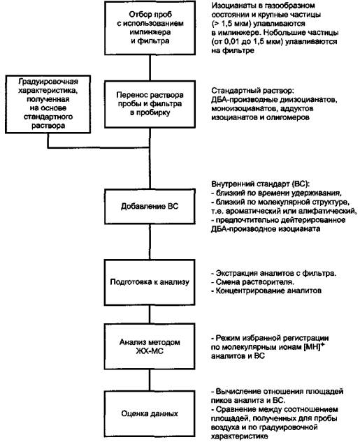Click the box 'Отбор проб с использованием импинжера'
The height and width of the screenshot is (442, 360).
150,28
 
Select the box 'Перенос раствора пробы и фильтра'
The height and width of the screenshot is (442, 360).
150,104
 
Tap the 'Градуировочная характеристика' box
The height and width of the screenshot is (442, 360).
48,104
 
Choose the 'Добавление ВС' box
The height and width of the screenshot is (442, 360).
150,207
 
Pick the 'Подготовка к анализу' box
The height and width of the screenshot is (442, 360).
150,282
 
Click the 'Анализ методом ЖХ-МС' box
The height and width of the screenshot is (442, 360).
150,346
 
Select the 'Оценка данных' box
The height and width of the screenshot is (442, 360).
150,413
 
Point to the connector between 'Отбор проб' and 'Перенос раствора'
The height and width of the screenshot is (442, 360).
150,68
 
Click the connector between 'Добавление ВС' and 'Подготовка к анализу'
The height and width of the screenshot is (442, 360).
150,242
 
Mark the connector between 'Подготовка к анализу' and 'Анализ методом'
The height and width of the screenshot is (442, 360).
150,314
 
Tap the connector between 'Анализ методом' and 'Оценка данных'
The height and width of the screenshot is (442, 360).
150,380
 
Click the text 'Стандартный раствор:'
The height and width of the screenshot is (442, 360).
253,91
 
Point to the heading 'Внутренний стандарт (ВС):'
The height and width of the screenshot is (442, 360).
261,184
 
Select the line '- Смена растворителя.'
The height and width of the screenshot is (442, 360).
253,282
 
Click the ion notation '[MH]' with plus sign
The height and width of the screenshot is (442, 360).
314,346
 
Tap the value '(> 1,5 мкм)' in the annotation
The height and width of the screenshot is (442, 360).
231,24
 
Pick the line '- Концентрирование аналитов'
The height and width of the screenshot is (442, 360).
266,290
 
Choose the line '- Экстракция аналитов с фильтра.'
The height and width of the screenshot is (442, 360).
274,273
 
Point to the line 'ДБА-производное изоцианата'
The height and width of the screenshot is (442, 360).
266,228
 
